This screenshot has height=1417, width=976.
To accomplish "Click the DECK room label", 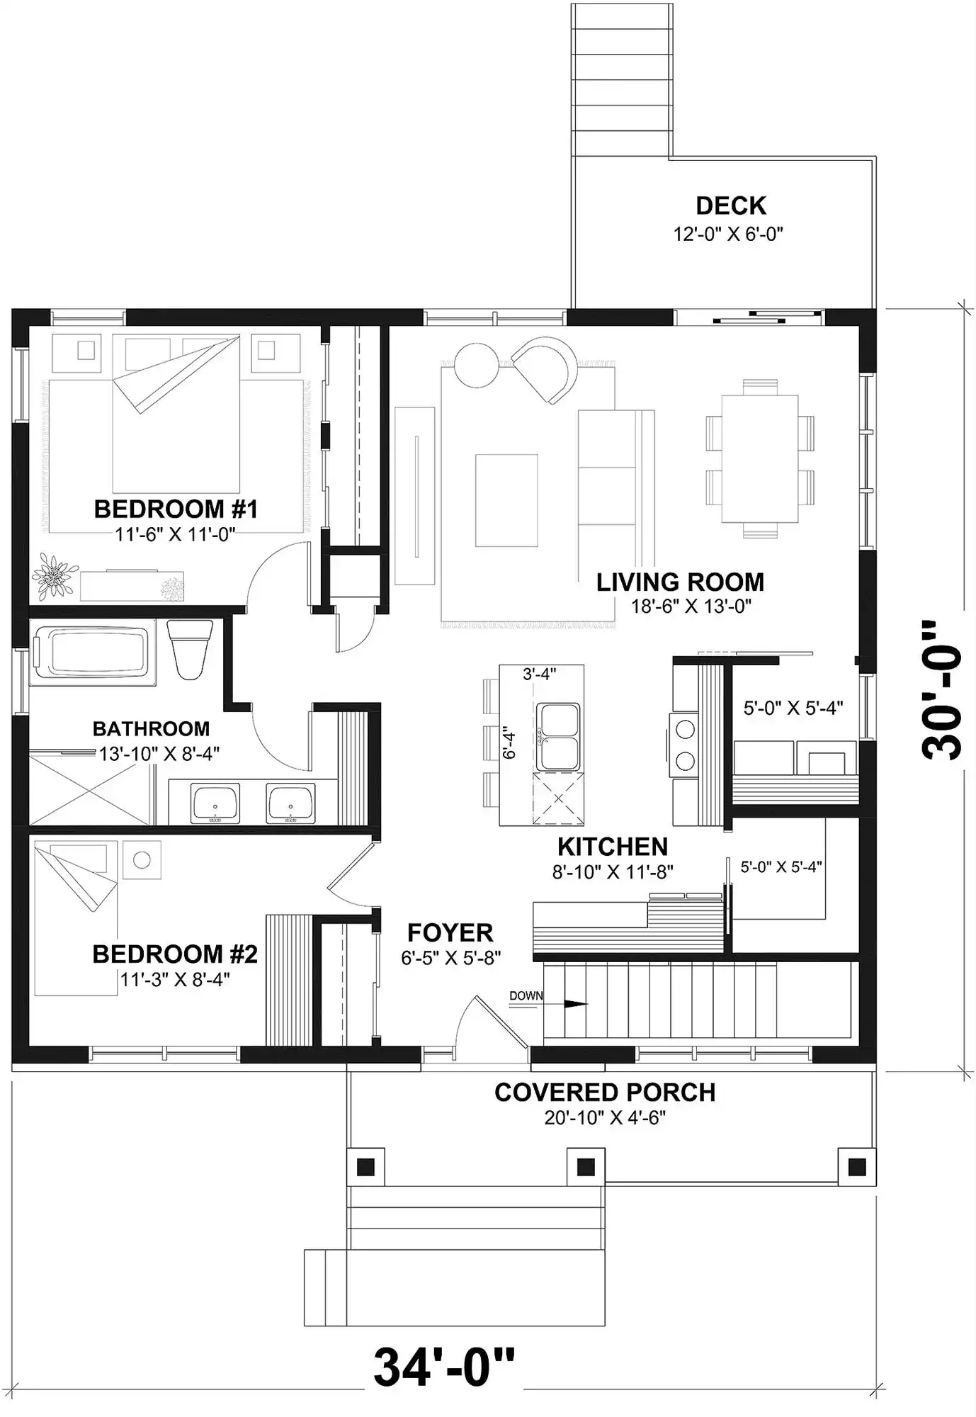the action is [730, 205].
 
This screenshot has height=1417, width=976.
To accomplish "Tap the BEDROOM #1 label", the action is [176, 509].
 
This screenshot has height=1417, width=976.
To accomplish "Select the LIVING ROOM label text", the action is [680, 582].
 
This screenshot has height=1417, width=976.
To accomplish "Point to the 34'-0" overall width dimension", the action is [444, 1367].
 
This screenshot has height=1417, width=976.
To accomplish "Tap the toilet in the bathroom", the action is [190, 649].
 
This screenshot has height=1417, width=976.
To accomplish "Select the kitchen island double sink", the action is [557, 737].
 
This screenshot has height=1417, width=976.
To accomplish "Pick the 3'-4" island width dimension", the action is [540, 674].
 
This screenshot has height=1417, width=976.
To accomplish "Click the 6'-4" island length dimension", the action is [509, 745].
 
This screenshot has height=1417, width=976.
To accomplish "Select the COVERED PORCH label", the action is [605, 1093].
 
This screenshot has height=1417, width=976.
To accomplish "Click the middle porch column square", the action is [586, 1166].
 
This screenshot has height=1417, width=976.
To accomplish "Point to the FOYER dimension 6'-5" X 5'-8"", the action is [451, 958].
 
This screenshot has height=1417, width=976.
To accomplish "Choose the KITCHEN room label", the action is [613, 847].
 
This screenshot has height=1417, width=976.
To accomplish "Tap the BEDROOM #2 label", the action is [175, 954].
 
